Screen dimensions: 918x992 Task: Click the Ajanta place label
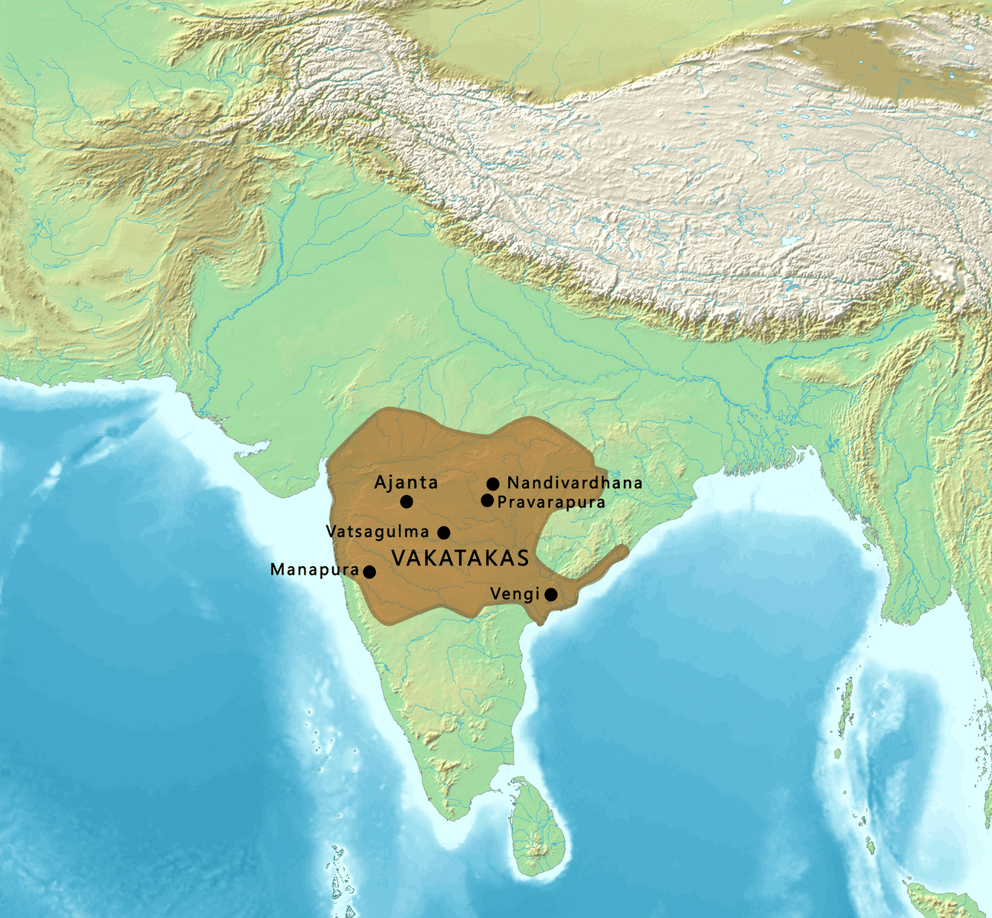(x=406, y=483)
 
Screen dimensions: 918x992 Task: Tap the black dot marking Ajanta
(x=406, y=502)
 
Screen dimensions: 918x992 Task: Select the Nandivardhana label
(x=575, y=483)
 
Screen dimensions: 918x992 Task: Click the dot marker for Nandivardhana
(x=493, y=483)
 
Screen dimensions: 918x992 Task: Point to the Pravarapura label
(x=551, y=503)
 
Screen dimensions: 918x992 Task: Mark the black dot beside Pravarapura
(x=487, y=500)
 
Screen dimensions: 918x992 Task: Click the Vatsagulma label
(x=377, y=532)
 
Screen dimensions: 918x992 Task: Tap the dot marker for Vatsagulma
(x=443, y=532)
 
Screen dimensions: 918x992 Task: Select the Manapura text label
(x=315, y=570)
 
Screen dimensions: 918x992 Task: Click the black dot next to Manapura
(x=369, y=571)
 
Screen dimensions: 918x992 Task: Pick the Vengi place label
(x=515, y=594)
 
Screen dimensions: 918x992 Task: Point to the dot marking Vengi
(x=550, y=594)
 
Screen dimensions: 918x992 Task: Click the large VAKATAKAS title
(x=460, y=558)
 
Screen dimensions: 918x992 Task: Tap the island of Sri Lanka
(x=541, y=830)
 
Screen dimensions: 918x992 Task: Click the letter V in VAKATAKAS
(x=398, y=558)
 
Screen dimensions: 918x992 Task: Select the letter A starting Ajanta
(x=380, y=483)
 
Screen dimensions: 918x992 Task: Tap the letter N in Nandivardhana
(x=513, y=483)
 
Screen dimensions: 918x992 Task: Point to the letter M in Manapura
(x=277, y=570)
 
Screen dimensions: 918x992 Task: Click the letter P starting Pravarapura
(x=502, y=503)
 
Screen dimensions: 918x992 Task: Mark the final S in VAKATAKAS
(x=523, y=558)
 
